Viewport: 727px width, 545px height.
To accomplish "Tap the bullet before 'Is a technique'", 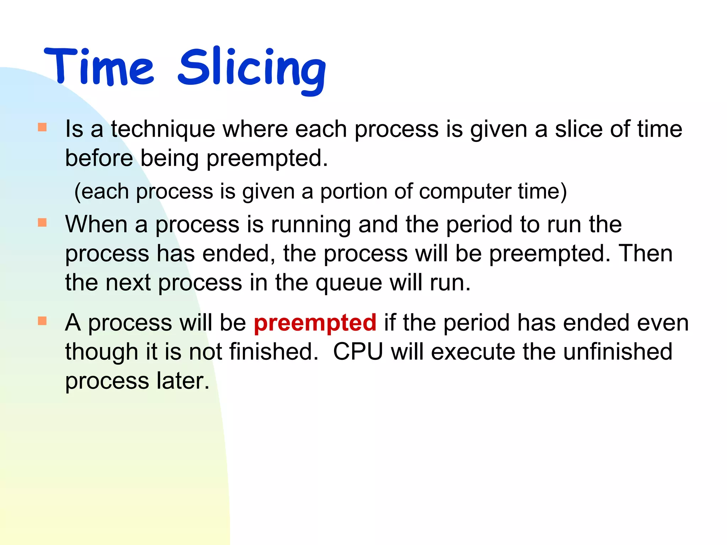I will click(42, 127).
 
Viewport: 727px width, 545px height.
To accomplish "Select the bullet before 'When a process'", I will click(42, 222).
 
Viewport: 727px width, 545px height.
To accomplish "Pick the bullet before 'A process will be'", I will click(42, 321).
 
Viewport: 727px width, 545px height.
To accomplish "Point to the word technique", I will click(163, 130).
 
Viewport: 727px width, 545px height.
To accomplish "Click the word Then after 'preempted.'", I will click(645, 254).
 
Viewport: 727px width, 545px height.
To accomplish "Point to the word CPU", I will click(358, 352).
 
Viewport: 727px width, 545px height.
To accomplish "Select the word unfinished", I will click(617, 352).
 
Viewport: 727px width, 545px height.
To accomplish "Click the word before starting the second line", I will click(99, 158).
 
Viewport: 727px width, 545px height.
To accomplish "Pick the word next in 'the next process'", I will click(128, 283).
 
